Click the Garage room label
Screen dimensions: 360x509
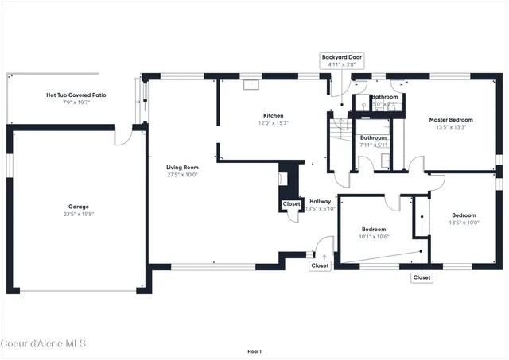(78, 207)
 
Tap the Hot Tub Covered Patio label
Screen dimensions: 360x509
(76, 95)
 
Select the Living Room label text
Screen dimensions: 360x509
(182, 168)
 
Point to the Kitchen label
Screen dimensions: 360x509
(274, 116)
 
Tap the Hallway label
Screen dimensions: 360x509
(321, 201)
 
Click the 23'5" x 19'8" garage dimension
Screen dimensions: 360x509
(78, 215)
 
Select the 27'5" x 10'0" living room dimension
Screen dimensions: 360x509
(182, 176)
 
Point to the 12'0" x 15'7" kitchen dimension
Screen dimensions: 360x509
(274, 123)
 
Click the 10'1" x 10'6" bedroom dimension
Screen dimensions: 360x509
(373, 236)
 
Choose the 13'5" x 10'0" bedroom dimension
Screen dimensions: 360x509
(464, 223)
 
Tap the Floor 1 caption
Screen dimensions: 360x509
(254, 351)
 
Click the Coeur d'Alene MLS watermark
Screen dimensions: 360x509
(43, 344)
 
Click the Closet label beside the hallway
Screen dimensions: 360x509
(291, 204)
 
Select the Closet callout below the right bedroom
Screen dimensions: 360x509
(422, 277)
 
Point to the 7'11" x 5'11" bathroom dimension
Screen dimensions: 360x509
(374, 145)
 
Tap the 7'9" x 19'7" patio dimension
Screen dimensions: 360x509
(76, 102)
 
